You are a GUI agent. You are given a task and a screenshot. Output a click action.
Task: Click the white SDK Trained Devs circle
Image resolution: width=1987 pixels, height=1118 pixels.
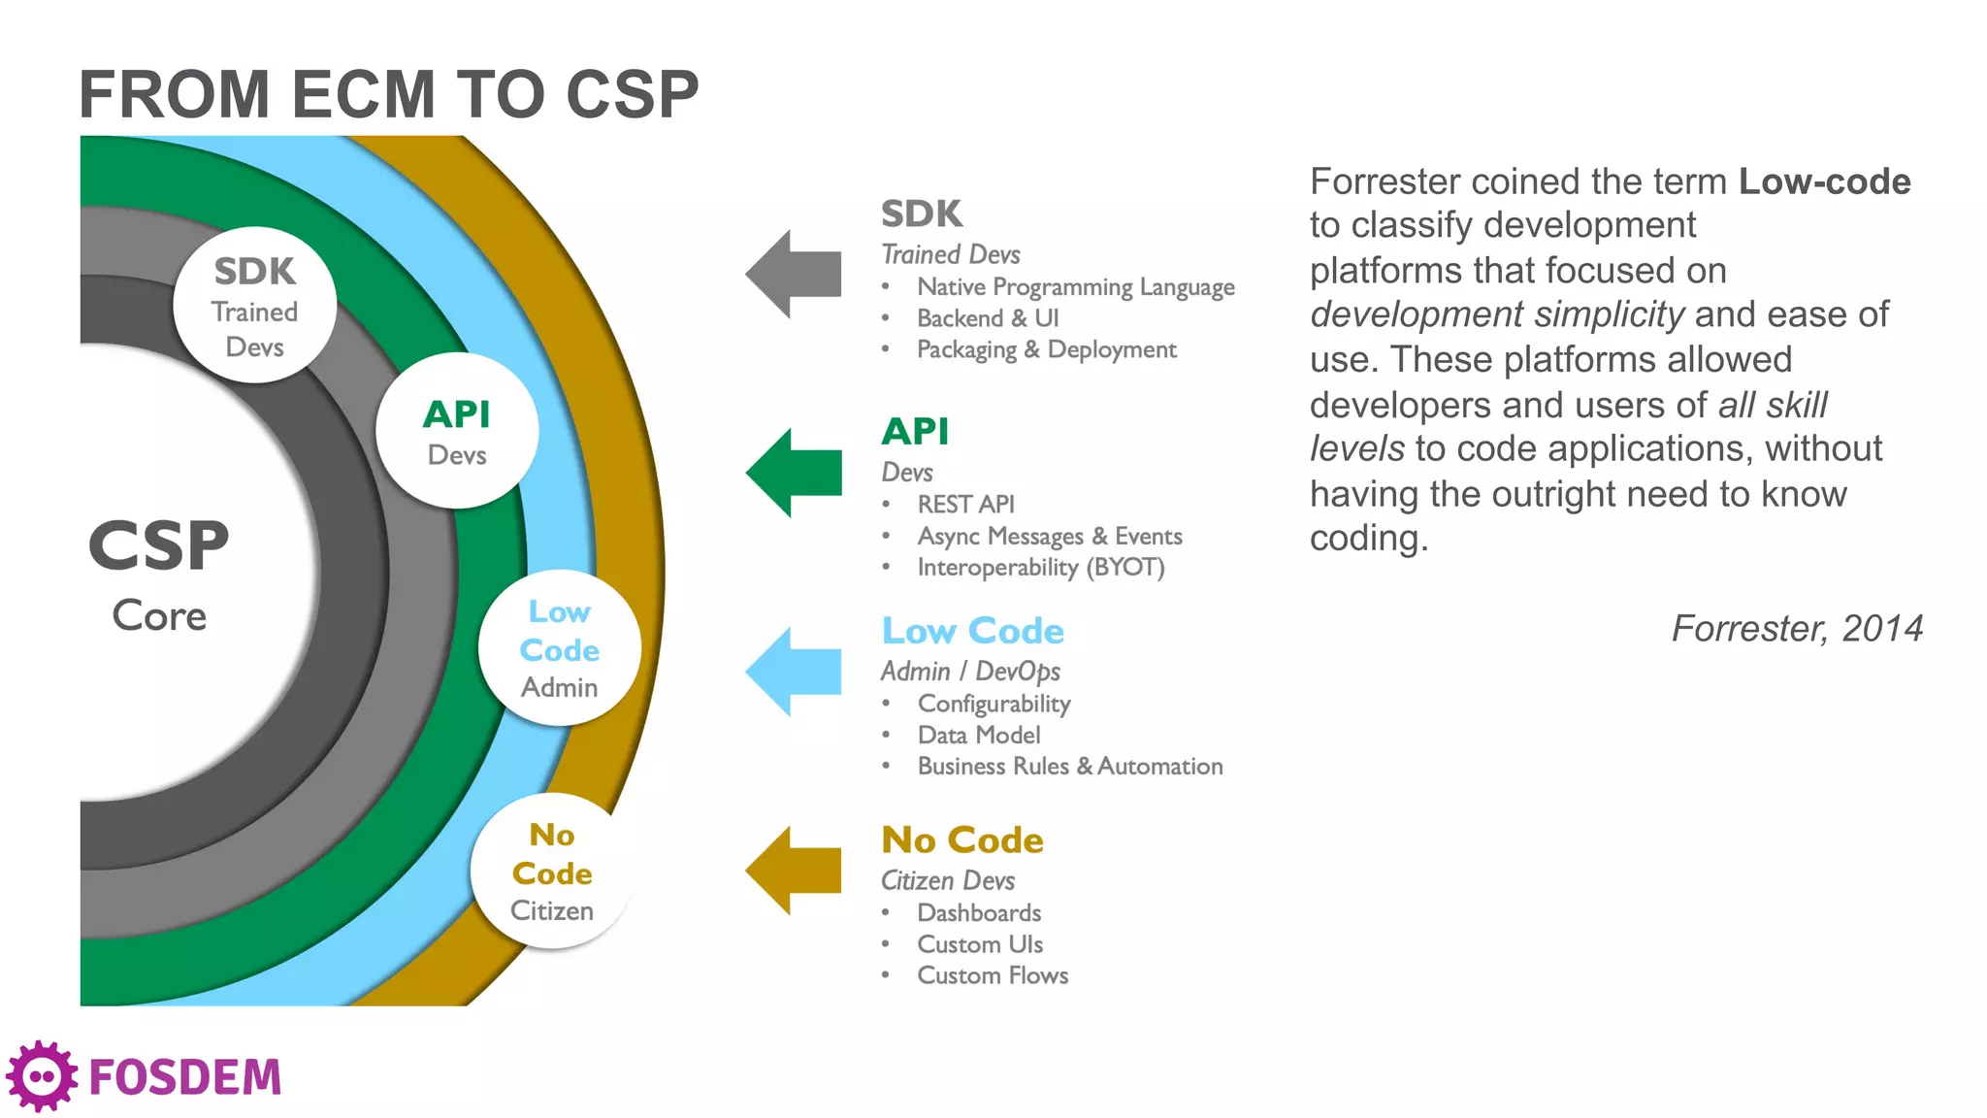pos(255,306)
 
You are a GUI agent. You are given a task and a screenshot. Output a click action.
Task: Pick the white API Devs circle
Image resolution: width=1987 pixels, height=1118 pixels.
pos(457,431)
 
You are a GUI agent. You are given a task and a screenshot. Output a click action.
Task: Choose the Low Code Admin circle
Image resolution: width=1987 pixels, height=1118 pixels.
pos(560,648)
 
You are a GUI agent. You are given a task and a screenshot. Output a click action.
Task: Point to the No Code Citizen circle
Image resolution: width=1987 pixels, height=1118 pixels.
pos(552,871)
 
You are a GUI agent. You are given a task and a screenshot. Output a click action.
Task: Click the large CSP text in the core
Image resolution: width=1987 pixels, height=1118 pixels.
pos(159,545)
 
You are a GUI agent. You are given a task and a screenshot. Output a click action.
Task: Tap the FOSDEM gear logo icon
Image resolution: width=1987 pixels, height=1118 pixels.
pos(41,1076)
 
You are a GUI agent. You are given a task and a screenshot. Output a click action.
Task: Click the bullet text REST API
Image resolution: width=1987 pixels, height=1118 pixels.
pos(965,505)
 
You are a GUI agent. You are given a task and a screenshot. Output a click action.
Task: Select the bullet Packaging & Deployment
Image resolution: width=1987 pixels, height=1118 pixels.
pos(1046,349)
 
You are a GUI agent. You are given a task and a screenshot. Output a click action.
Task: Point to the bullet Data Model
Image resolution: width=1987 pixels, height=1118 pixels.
pos(978,736)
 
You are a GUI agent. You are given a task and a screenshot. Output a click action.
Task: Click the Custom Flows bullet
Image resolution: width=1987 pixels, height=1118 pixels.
pos(993,975)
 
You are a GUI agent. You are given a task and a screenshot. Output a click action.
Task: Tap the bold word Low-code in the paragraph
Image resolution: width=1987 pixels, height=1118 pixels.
pos(1824,181)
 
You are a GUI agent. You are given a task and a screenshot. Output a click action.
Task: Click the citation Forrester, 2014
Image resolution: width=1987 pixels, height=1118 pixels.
pos(1797,629)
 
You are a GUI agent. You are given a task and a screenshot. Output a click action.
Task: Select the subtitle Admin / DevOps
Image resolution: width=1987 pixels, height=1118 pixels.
pos(970,672)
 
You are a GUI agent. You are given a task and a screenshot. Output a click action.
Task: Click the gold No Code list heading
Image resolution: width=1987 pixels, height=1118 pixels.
pos(962,839)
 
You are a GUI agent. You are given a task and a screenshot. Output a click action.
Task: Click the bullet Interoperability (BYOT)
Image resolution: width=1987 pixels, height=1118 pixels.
pos(1040,568)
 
